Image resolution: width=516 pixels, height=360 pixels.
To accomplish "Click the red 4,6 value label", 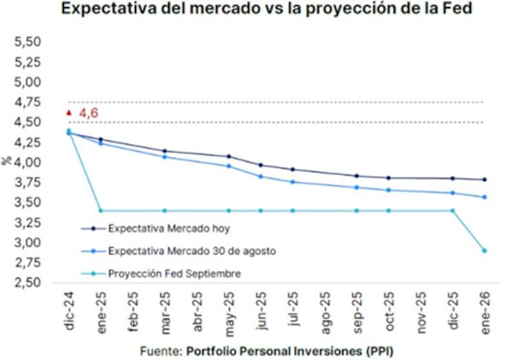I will (88, 114).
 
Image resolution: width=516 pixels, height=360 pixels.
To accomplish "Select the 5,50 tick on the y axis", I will (28, 43).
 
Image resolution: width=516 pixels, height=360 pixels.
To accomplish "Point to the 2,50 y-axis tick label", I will (28, 283).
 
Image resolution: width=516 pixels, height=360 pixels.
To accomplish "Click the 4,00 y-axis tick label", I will (28, 163).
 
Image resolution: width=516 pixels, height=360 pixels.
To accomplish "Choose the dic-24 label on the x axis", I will (69, 312).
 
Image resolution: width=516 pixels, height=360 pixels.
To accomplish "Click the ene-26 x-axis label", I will (484, 312).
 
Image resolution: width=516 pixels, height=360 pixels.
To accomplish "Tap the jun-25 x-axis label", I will (261, 312).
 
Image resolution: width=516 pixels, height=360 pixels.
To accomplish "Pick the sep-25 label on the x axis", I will (357, 312).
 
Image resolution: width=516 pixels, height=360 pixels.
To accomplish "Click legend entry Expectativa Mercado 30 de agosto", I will (192, 251).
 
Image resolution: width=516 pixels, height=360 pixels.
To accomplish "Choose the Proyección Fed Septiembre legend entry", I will (175, 274).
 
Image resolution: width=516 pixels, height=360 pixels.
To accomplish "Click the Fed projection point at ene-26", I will (484, 251).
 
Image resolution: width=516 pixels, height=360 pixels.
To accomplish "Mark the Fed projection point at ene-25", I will (101, 210).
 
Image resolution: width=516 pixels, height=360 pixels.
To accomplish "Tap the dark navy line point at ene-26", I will (484, 180).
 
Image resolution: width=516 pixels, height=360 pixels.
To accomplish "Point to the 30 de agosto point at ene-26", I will (484, 197).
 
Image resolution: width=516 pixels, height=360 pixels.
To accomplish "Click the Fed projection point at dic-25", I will (452, 210).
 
